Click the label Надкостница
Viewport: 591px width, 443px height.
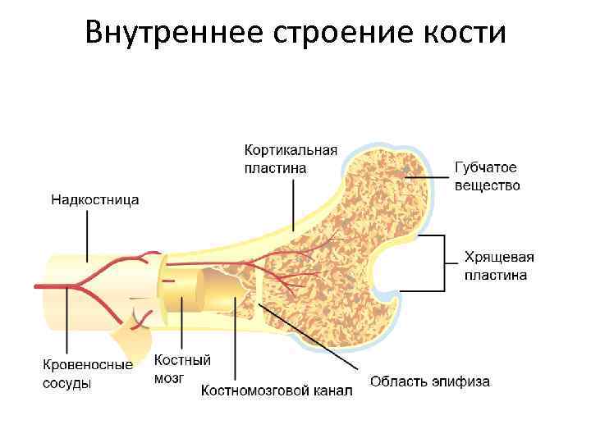95,199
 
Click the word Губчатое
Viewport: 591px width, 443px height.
486,168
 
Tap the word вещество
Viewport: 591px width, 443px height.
488,185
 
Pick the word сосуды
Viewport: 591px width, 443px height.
67,383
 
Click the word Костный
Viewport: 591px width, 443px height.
183,360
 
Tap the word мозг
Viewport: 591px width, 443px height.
169,377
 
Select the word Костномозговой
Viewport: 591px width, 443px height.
258,390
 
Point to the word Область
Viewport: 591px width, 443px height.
398,381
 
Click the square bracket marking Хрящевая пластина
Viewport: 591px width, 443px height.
444,264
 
